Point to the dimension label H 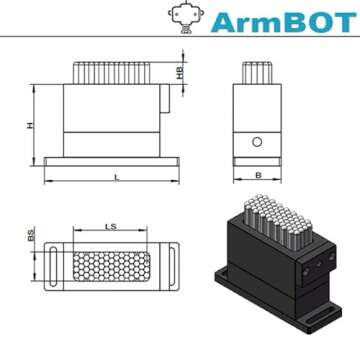coord(30,125)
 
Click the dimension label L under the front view coord(117,177)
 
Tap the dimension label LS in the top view coord(110,229)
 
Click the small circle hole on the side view coord(257,143)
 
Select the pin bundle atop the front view coord(111,74)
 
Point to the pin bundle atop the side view coord(257,74)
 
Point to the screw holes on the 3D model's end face coord(317,263)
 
